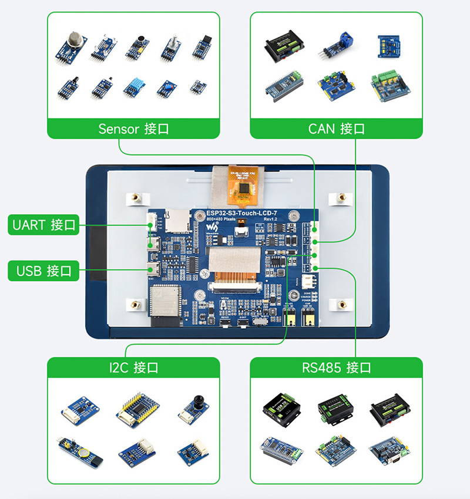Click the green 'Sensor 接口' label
(x=133, y=129)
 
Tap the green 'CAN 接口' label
(x=336, y=129)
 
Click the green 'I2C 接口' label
(x=133, y=368)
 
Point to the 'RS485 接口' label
(x=336, y=368)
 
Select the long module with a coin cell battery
(x=80, y=451)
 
